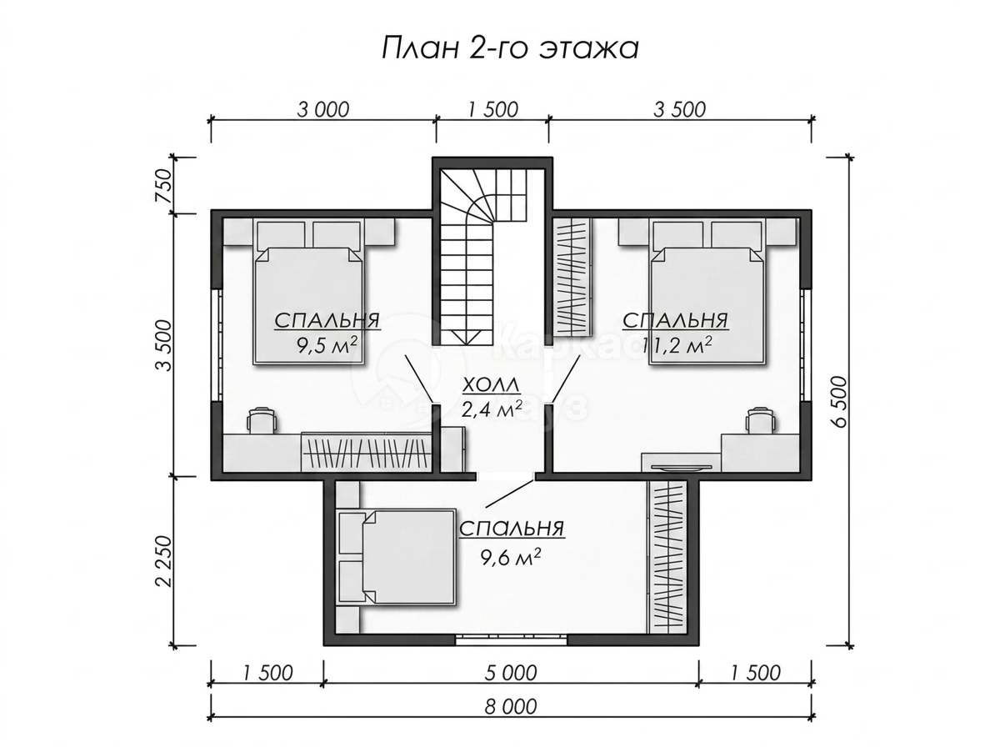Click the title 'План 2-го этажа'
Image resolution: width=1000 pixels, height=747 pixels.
click(509, 48)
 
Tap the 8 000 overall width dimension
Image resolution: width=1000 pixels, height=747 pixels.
click(510, 706)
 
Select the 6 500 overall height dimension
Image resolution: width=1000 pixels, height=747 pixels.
click(838, 401)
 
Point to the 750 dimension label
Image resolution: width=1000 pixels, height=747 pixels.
click(163, 185)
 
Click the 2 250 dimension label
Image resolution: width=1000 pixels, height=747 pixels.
click(163, 560)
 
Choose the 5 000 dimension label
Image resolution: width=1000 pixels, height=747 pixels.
click(510, 672)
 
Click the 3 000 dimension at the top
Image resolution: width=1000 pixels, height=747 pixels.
click(323, 109)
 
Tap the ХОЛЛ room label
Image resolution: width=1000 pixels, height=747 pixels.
click(491, 384)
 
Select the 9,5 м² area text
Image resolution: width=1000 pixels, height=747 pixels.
click(326, 346)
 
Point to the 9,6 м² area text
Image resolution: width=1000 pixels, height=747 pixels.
click(511, 556)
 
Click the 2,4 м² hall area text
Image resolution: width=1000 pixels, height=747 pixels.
click(492, 409)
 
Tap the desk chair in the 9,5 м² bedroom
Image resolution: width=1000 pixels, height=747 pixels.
click(262, 419)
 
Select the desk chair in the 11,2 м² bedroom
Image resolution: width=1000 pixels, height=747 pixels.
click(760, 419)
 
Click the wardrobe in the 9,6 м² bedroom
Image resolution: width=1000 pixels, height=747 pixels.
click(667, 556)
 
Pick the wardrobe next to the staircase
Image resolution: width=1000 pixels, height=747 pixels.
click(572, 277)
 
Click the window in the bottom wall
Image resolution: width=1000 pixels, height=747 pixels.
click(511, 640)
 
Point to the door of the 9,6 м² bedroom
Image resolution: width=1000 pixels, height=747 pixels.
click(509, 494)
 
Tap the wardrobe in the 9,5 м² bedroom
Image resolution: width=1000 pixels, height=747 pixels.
click(366, 452)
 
